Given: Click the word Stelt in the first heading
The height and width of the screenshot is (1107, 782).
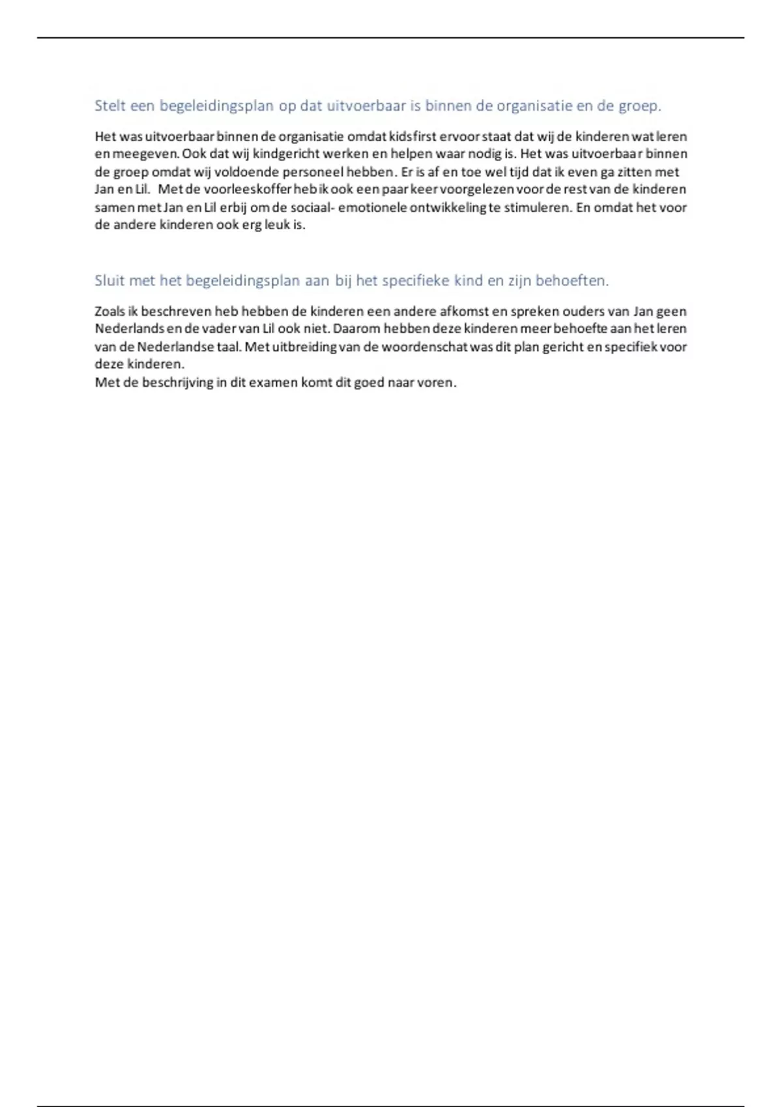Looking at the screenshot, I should [109, 105].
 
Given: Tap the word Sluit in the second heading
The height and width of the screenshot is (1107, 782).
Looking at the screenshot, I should [109, 281].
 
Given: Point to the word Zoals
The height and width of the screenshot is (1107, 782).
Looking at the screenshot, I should [109, 311].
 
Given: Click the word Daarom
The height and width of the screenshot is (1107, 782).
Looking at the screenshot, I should [356, 329].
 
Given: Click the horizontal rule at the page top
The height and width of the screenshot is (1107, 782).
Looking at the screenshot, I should [391, 38].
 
